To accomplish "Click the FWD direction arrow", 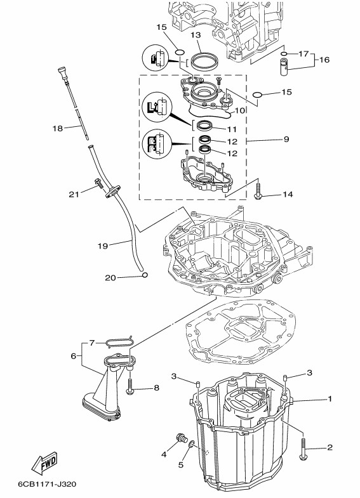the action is click(45, 462).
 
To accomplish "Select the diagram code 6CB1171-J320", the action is click(47, 484).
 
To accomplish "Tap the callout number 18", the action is click(58, 128).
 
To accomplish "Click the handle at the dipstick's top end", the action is click(62, 74).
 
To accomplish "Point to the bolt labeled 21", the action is click(98, 183).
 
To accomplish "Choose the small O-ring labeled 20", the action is click(145, 275).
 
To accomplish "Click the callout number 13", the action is click(196, 35).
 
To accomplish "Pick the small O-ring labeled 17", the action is click(284, 54).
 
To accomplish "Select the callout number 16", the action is click(324, 60).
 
